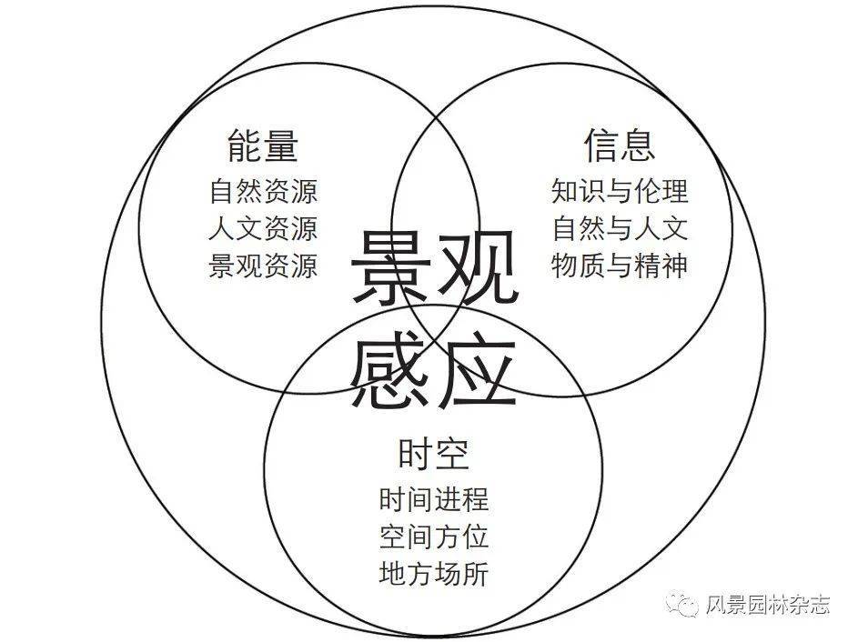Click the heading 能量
[x=263, y=145]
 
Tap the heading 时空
[x=433, y=452]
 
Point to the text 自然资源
[x=263, y=193]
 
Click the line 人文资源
[x=263, y=229]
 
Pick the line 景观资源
[x=263, y=266]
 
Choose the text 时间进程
[x=434, y=499]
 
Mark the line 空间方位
[x=434, y=537]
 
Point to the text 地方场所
[x=434, y=574]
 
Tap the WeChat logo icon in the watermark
[x=681, y=604]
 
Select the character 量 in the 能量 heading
[x=281, y=145]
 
